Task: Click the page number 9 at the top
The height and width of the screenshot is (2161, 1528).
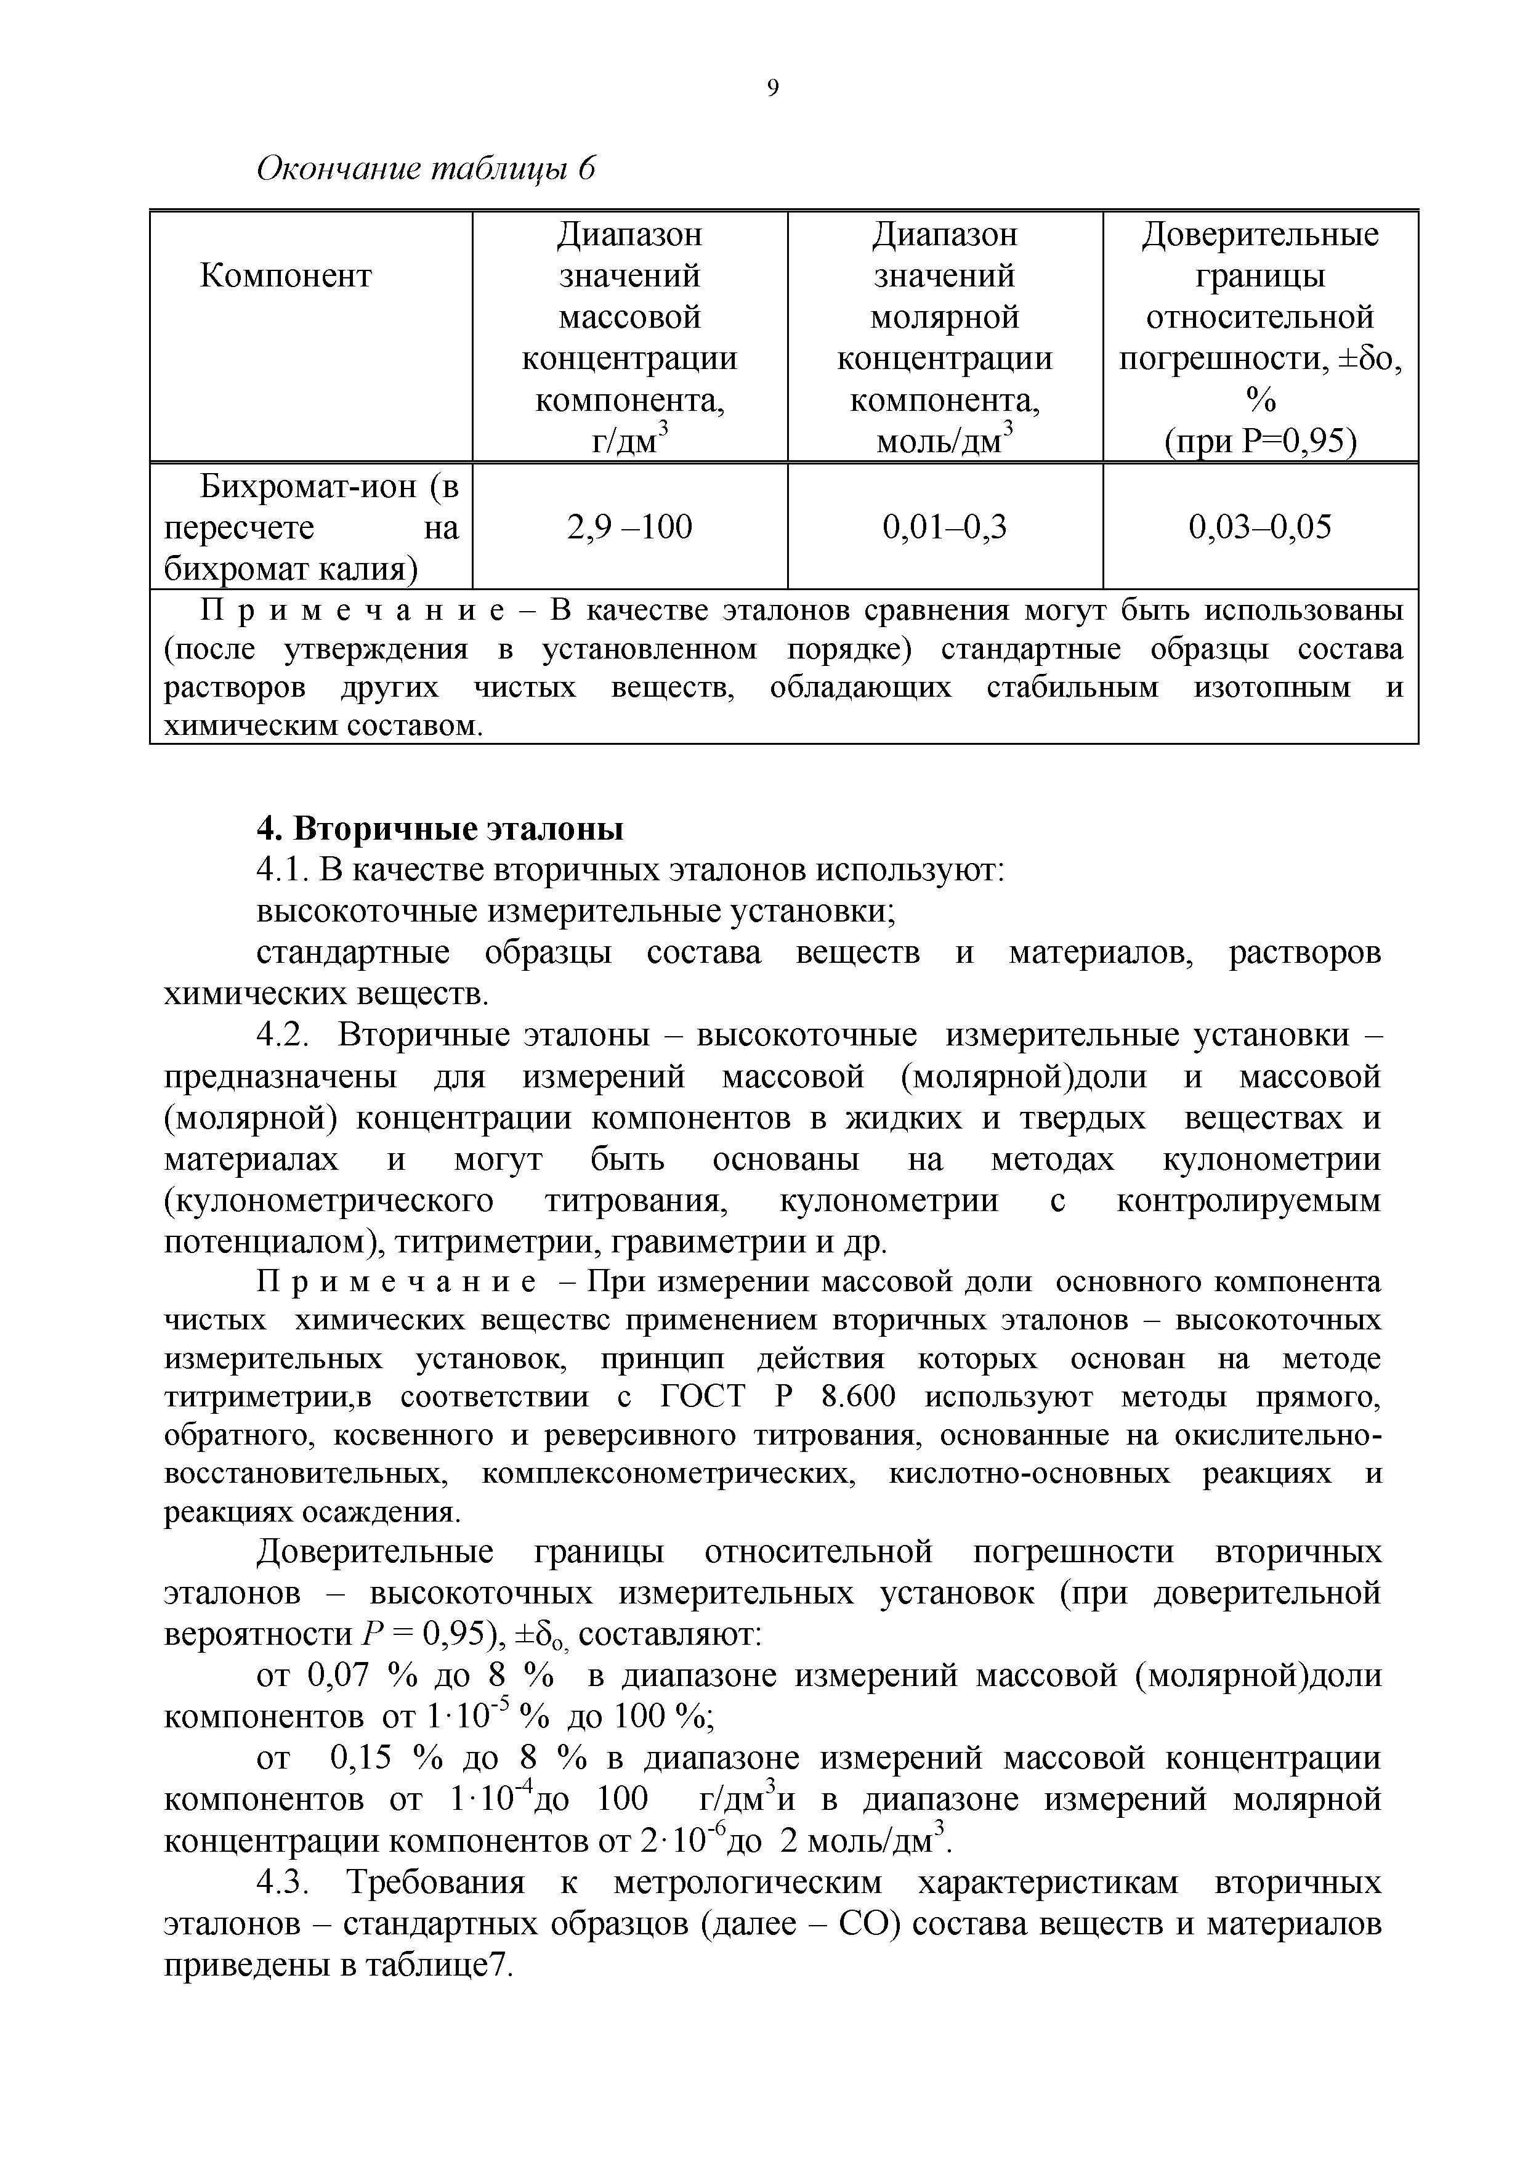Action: [x=772, y=89]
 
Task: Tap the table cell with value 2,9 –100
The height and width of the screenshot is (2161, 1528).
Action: [x=629, y=527]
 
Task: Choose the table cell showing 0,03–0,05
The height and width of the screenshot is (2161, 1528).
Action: [x=1260, y=527]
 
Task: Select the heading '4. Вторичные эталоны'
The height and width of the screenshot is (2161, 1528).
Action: [x=440, y=829]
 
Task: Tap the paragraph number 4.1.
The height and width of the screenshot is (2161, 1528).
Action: [x=283, y=870]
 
